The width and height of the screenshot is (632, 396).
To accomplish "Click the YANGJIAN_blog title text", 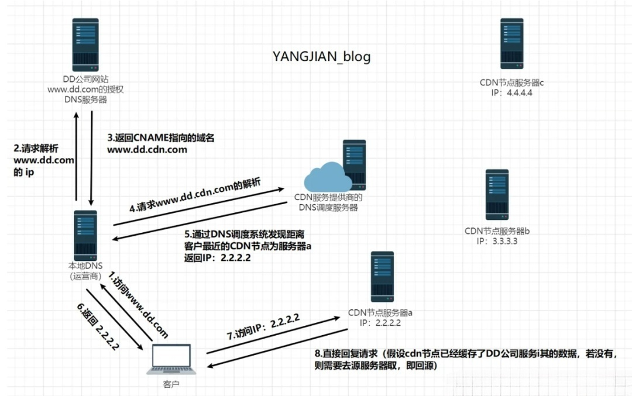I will [x=321, y=56].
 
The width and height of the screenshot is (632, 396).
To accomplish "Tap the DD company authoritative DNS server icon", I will [x=85, y=44].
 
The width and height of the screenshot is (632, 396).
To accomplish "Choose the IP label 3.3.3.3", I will [x=497, y=240].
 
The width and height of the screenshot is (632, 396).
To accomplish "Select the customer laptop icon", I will [x=170, y=358].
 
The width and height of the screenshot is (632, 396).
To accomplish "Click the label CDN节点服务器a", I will [x=381, y=312].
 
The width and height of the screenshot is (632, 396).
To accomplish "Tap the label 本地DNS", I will [x=85, y=267].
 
